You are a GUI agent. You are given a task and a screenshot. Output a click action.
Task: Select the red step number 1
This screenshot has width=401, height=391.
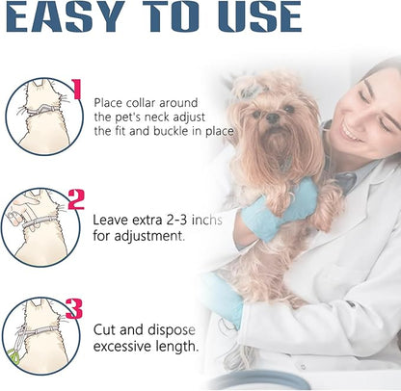pyautogui.click(x=76, y=89)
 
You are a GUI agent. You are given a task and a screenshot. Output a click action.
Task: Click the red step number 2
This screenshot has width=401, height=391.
pyautogui.click(x=76, y=199)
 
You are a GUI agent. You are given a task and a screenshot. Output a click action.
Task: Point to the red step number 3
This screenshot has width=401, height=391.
pyautogui.click(x=74, y=309)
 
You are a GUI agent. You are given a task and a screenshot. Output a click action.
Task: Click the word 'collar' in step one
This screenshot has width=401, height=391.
pyautogui.click(x=141, y=103)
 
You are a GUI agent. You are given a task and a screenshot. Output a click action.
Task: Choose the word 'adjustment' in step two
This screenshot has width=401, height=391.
pyautogui.click(x=148, y=236)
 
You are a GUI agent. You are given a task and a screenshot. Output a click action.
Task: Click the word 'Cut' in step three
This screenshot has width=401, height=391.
pyautogui.click(x=103, y=330)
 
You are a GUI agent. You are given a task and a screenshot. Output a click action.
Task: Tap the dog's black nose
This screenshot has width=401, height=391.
pyautogui.click(x=273, y=117)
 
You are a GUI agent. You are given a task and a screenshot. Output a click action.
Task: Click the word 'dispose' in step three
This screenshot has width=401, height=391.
pyautogui.click(x=172, y=330)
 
